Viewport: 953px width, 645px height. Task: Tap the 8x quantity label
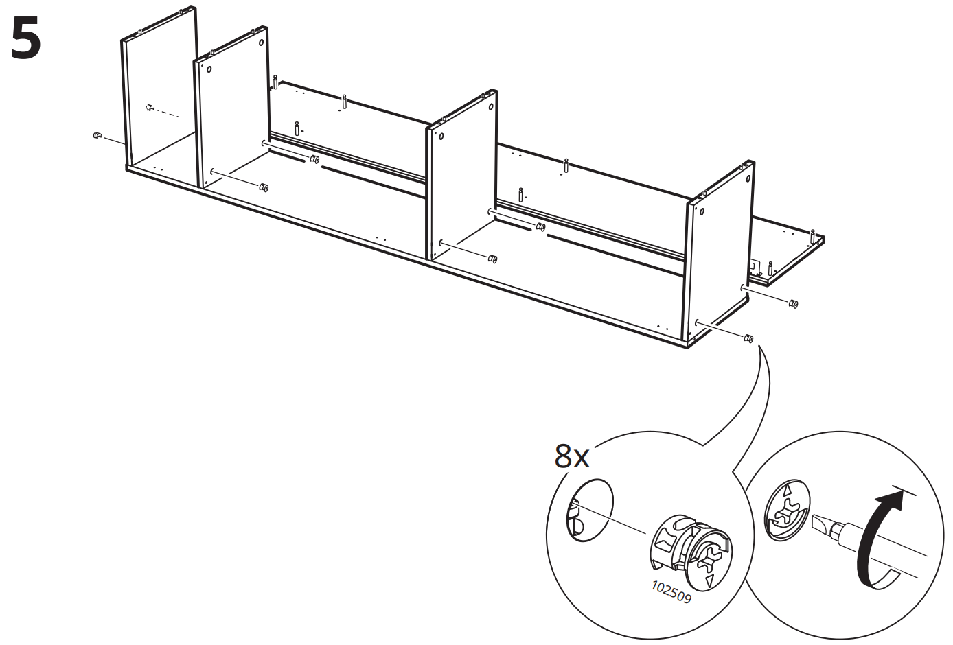[x=572, y=456]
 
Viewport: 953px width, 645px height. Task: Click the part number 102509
[x=671, y=592]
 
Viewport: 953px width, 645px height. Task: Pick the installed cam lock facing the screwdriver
[x=787, y=513]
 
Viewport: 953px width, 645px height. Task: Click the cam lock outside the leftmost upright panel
[x=97, y=136]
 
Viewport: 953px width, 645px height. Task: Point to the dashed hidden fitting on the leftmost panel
[x=150, y=108]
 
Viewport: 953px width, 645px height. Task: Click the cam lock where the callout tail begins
[x=749, y=338]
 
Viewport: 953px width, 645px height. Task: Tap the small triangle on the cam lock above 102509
[x=710, y=582]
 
